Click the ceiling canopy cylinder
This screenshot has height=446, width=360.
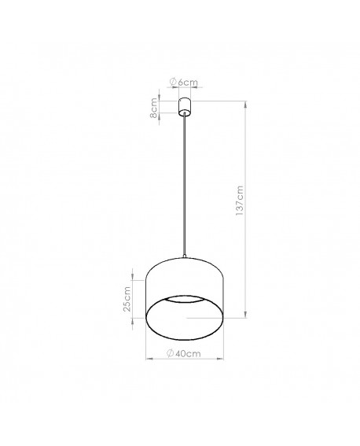point(185,105)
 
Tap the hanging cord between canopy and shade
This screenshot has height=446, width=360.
point(185,189)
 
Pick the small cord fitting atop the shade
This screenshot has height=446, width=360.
point(185,256)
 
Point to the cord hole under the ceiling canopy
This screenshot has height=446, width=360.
point(185,116)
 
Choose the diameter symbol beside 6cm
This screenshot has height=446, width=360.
point(174,83)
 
